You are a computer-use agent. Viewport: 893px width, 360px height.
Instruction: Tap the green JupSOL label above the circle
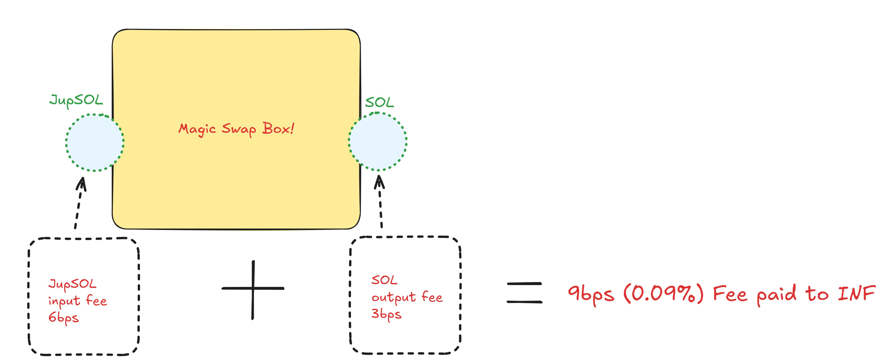click(x=76, y=100)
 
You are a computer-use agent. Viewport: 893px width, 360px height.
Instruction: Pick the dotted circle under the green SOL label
click(x=378, y=141)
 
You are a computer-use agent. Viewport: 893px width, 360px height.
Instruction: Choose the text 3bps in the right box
click(x=386, y=314)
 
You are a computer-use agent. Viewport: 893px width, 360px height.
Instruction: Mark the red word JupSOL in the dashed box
click(x=72, y=284)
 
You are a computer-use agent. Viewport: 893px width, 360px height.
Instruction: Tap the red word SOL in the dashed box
click(x=384, y=280)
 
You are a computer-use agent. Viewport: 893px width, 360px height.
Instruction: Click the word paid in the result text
click(x=777, y=294)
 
